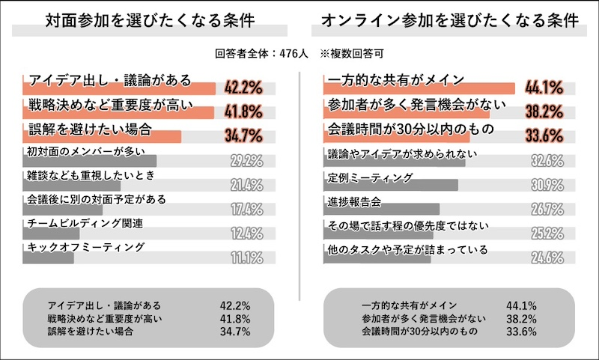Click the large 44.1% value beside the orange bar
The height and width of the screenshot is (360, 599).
coord(544,88)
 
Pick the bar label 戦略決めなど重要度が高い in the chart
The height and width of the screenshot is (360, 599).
coord(100,104)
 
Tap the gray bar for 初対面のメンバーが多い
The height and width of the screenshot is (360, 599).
coord(90,161)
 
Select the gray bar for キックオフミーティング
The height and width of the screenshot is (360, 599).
coord(49,258)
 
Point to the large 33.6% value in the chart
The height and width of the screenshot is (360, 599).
coord(544,136)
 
